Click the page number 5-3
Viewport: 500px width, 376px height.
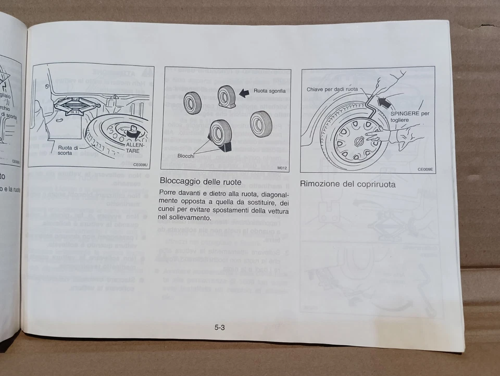coord(219,328)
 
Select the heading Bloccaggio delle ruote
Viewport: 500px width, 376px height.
coord(200,182)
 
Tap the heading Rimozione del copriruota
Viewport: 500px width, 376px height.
coord(347,184)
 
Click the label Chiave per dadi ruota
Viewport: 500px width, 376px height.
coord(332,89)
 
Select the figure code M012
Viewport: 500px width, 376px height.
coord(282,168)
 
